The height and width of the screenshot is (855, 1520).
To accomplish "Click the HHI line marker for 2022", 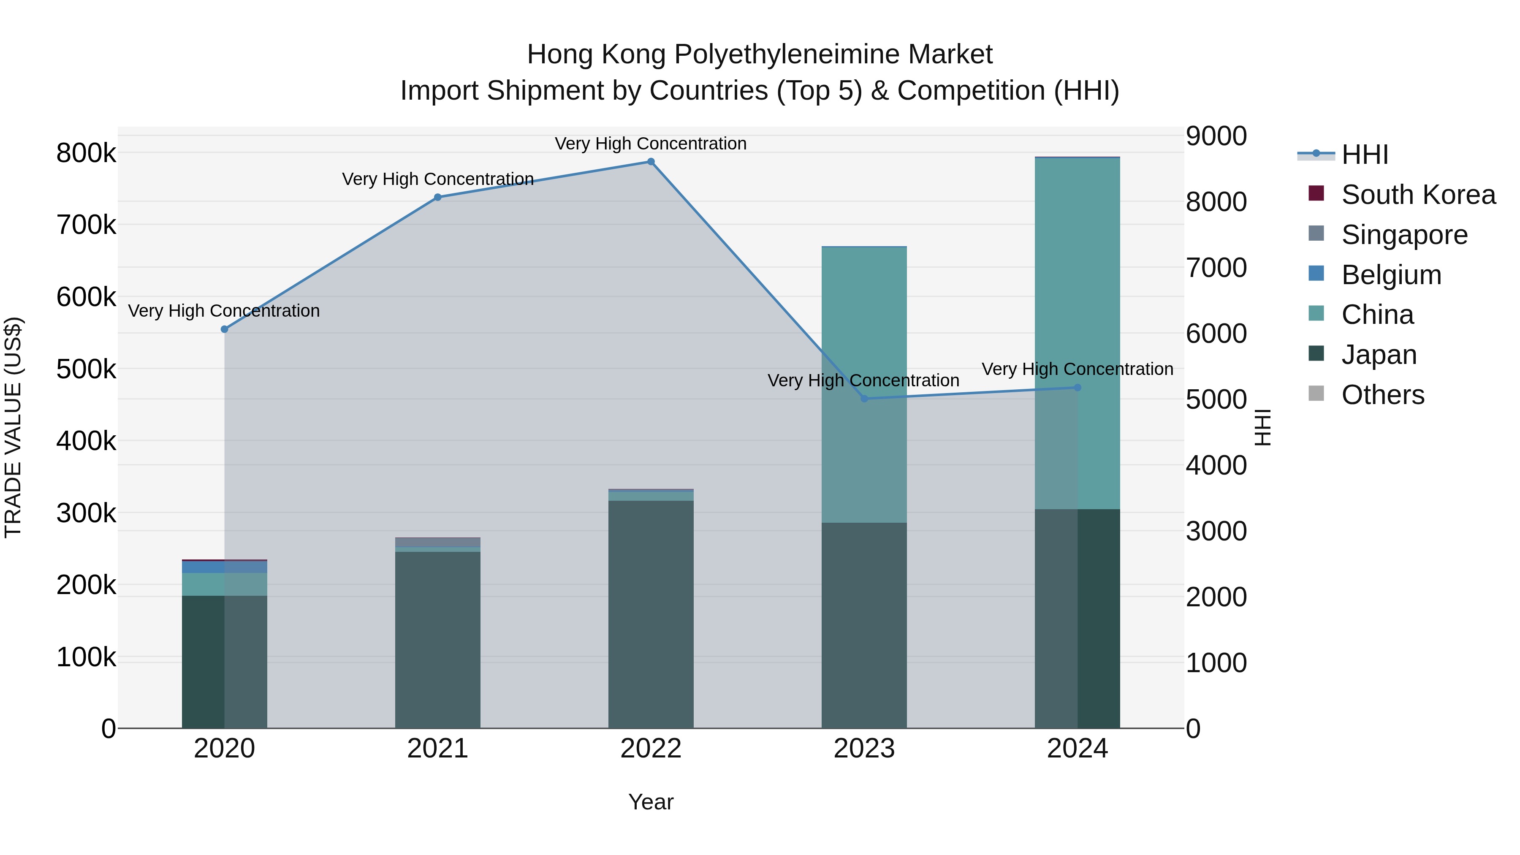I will pyautogui.click(x=651, y=162).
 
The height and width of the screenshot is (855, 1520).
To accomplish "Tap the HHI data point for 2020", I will pyautogui.click(x=224, y=329).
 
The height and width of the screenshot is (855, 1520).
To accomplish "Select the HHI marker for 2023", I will pyautogui.click(x=864, y=399).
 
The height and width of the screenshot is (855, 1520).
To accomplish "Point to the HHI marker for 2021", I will pyautogui.click(x=438, y=198).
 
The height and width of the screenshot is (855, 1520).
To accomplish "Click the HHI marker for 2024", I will pyautogui.click(x=1078, y=388).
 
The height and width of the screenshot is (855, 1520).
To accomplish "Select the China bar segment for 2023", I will pyautogui.click(x=864, y=383).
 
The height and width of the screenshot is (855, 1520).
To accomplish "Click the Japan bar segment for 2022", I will pyautogui.click(x=651, y=613).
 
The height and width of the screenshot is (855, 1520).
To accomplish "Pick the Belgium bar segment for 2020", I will pyautogui.click(x=224, y=567).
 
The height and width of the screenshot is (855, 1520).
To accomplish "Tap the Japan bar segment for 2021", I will pyautogui.click(x=438, y=640).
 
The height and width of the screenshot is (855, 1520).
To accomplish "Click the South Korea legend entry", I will pyautogui.click(x=1417, y=195).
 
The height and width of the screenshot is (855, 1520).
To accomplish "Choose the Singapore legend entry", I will pyautogui.click(x=1404, y=235).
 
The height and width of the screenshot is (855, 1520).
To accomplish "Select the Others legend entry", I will pyautogui.click(x=1382, y=395).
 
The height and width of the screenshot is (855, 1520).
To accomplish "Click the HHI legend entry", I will pyautogui.click(x=1364, y=155).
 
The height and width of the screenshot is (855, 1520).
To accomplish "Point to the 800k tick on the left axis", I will pyautogui.click(x=86, y=153).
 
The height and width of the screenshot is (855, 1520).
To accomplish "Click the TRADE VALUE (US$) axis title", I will pyautogui.click(x=13, y=427).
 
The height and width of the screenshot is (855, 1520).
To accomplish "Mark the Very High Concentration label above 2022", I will pyautogui.click(x=651, y=144).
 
